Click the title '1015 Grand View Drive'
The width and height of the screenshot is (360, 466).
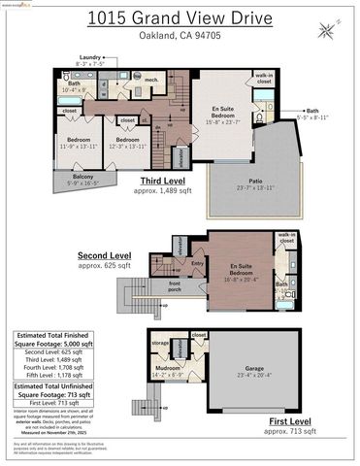(178, 17)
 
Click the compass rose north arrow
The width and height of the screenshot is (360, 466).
(332, 30)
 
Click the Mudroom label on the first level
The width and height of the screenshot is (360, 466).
(167, 370)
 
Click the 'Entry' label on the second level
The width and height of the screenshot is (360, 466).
(199, 263)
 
